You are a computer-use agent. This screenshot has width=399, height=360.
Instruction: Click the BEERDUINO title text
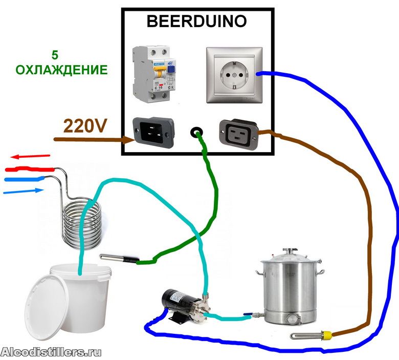coord(196,22)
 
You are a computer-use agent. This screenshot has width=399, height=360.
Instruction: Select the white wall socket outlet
coord(231,75)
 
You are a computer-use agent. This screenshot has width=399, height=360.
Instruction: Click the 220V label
coord(85,125)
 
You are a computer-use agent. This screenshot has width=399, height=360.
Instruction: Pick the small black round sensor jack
coord(196,133)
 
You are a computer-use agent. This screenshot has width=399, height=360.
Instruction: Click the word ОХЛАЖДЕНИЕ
coord(61,70)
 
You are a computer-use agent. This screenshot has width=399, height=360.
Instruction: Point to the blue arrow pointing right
coord(23,191)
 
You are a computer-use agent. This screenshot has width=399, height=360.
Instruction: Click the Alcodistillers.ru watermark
coord(51,352)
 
